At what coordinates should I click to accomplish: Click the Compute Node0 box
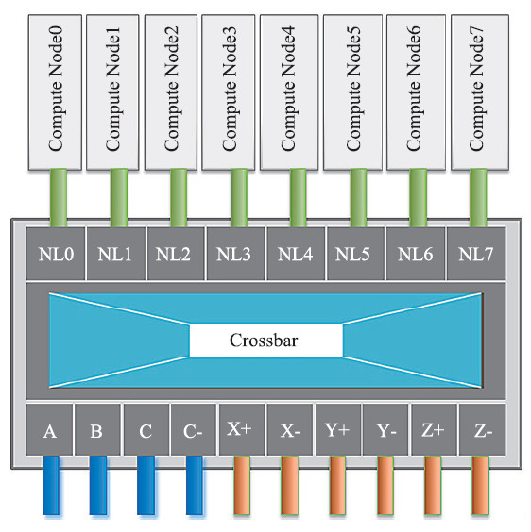[x=55, y=92]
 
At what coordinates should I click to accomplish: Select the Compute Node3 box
[x=229, y=92]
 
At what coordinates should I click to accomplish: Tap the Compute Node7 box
[x=480, y=92]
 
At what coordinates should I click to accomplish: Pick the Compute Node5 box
[x=352, y=92]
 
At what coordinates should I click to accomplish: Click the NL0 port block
[x=56, y=254]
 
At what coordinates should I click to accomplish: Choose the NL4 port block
[x=296, y=254]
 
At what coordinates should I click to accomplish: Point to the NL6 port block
[x=416, y=254]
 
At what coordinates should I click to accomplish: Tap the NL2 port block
[x=176, y=254]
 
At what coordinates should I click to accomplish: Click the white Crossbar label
[x=265, y=341]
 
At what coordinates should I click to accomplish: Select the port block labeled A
[x=50, y=429]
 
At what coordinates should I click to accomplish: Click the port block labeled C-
[x=194, y=429]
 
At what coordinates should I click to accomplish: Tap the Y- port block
[x=385, y=429]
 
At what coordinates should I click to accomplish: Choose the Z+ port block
[x=434, y=429]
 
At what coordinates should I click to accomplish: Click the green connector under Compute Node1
[x=119, y=198]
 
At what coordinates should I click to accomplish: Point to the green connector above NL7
[x=478, y=198]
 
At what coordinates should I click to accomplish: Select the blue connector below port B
[x=98, y=485]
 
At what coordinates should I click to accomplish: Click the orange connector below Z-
[x=480, y=485]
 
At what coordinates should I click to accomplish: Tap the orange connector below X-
[x=290, y=485]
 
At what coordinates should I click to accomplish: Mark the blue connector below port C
[x=146, y=485]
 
